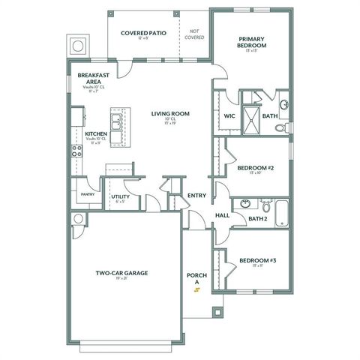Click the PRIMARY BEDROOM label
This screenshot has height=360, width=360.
[x=253, y=42]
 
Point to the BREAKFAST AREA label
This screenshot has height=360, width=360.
[x=94, y=79]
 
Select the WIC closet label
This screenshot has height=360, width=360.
[x=229, y=115]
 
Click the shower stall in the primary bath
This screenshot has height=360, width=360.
[x=251, y=118]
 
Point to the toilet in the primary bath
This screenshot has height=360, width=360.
[x=282, y=127]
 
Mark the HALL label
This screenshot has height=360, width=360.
[x=223, y=215]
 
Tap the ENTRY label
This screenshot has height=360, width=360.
[x=197, y=196]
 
